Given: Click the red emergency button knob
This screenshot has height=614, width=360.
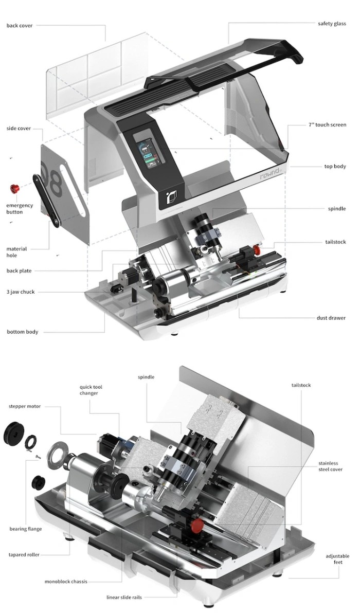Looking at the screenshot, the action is pos(15,189).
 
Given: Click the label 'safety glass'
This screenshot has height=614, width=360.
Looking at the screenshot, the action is pos(332,24).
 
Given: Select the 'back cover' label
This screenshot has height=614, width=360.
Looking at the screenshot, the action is pos(20,26).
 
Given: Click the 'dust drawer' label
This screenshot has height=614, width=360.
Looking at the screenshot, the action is pos(331,318).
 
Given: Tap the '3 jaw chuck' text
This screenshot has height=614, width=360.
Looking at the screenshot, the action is pos(21,292).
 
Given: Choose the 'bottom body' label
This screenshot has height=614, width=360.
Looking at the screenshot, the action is pos(22,332).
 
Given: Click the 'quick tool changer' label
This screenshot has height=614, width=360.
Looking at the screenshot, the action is pos(91,390).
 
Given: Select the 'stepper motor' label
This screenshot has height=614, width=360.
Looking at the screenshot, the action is pos(25,406).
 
